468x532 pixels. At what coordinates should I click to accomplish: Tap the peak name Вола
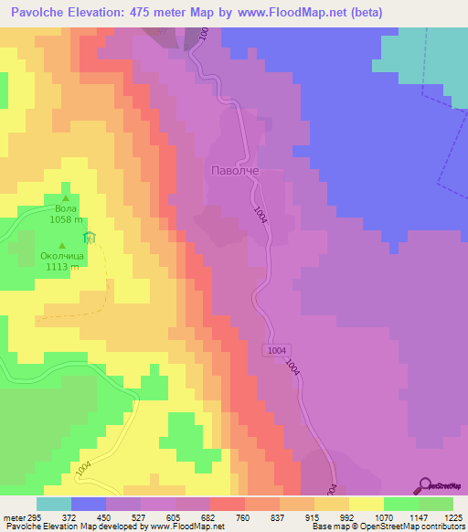[x=66, y=208]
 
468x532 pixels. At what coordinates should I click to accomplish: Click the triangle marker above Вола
[x=66, y=197]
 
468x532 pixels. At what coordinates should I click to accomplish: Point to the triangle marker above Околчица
[x=62, y=245]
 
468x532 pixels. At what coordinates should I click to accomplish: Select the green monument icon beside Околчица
[x=90, y=239]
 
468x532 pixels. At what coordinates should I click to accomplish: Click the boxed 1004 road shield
[x=279, y=351]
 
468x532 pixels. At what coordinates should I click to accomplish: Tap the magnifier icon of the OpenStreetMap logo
[x=425, y=485]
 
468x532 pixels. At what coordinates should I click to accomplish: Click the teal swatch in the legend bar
[x=54, y=504]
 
